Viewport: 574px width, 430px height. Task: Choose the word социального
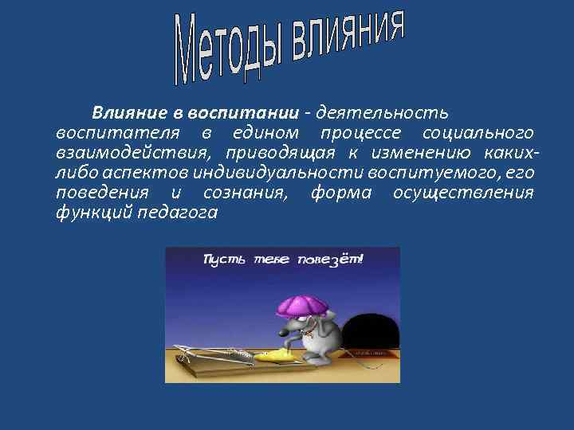click(478, 131)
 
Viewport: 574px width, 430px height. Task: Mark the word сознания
click(246, 193)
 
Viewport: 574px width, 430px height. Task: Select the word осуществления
click(463, 193)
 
